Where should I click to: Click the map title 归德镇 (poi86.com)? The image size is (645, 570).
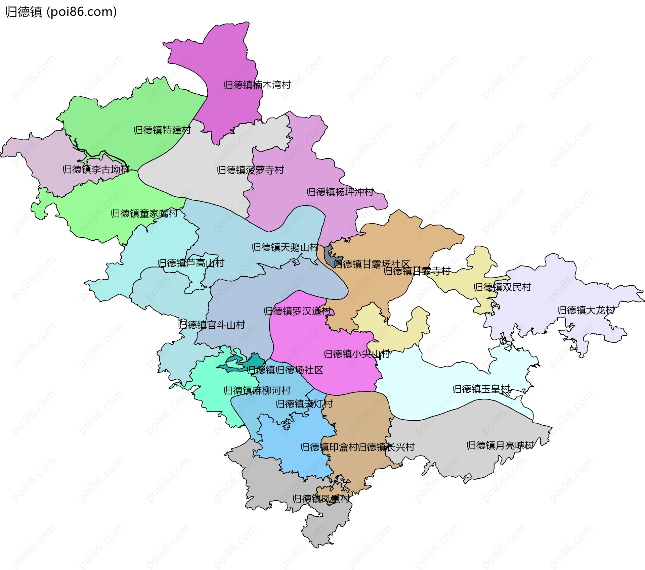[61, 12]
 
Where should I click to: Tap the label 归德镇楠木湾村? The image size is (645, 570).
[257, 85]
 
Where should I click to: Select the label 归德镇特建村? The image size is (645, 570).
[162, 130]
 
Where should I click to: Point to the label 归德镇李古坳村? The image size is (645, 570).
[96, 170]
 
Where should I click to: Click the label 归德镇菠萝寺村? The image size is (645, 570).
[250, 170]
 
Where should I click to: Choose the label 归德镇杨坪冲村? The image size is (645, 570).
[340, 192]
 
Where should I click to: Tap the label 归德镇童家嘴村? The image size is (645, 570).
[144, 213]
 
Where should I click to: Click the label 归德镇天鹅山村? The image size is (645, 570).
[285, 247]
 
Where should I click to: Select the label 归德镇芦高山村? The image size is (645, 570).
[190, 263]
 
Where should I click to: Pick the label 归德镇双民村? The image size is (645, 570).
[502, 287]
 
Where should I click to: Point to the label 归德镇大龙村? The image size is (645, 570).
[586, 310]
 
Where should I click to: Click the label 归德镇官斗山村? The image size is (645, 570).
[212, 325]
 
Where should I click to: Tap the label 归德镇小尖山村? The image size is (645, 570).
[356, 354]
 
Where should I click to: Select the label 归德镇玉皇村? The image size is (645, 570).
[481, 389]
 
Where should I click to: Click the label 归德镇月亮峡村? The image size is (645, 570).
[500, 445]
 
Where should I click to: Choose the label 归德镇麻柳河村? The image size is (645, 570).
[257, 391]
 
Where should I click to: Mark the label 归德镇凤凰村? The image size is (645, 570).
[321, 499]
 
